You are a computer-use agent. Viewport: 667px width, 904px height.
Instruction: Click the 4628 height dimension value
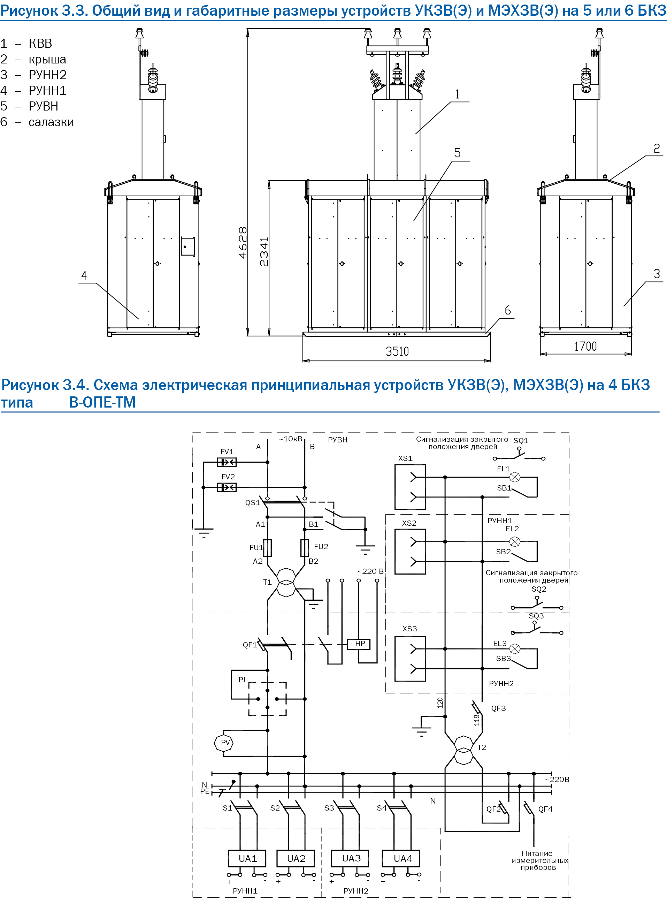pos(242,242)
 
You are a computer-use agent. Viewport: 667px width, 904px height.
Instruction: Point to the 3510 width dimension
pos(397,351)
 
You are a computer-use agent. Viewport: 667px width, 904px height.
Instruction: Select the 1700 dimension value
pos(585,346)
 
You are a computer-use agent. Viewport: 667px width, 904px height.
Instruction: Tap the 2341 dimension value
pos(264,252)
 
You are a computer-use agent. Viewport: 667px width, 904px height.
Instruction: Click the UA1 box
pos(247,858)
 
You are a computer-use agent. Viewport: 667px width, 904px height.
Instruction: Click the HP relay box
pos(359,644)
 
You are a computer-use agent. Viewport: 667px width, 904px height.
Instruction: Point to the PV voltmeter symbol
pos(224,743)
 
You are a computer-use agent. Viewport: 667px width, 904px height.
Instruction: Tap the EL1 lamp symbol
pos(514,477)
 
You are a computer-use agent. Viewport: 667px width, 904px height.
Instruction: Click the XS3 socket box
pos(410,659)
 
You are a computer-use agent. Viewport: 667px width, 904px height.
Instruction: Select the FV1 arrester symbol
pos(227,462)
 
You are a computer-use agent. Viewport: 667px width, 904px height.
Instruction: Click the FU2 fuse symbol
pos(305,548)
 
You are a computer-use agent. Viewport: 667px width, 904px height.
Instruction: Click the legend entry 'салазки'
pos(51,122)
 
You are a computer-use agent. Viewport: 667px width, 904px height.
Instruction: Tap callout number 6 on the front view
pos(507,310)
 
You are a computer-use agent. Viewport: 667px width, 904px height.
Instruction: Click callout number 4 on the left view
pos(84,275)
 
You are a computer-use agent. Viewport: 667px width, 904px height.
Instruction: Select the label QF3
pos(498,708)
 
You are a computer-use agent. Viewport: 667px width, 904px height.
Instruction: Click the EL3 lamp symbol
pos(514,649)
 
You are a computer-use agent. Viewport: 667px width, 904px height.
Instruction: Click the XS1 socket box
pos(410,487)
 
